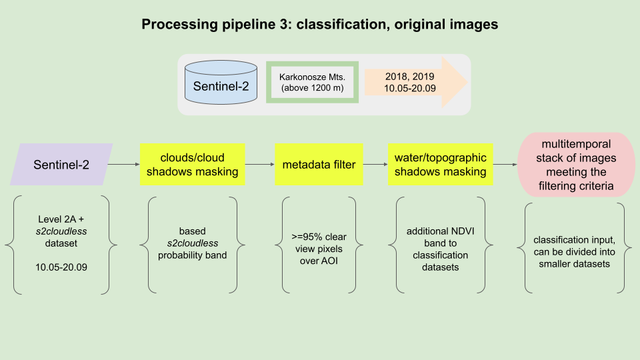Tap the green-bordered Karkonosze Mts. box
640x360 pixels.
coord(313,82)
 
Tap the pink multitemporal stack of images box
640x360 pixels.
coord(577,165)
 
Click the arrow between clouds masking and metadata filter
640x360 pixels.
coord(259,165)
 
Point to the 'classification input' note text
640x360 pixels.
coord(575,239)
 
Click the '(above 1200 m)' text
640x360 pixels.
coord(313,89)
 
